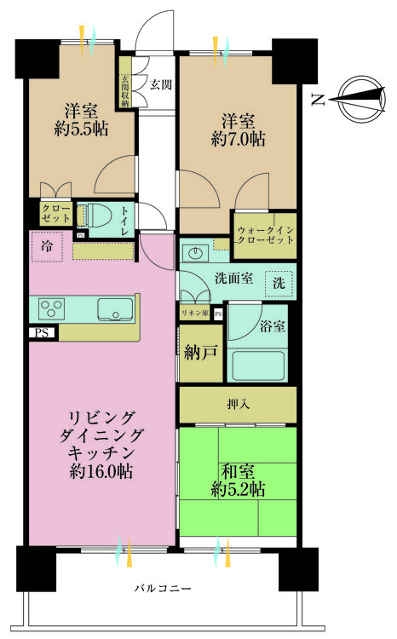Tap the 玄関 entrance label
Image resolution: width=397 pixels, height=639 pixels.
(x=161, y=85)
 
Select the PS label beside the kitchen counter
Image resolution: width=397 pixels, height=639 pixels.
(x=41, y=333)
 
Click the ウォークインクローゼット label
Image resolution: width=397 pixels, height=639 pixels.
(x=265, y=235)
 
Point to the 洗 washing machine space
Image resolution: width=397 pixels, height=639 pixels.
(x=279, y=282)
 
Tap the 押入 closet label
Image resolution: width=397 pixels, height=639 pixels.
(x=238, y=404)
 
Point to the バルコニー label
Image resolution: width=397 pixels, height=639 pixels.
(x=163, y=588)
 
